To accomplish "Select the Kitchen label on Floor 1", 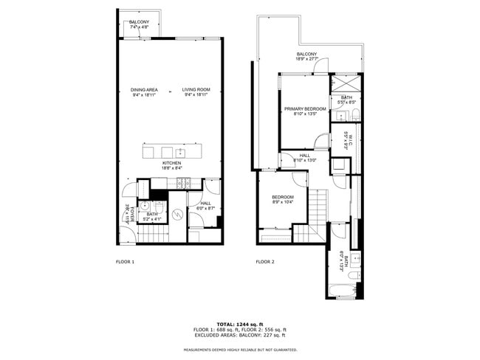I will pyautogui.click(x=172, y=165).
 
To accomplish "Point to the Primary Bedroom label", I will pyautogui.click(x=305, y=111).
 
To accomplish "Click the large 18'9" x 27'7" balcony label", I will pyautogui.click(x=307, y=56).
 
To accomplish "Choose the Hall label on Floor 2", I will pyautogui.click(x=304, y=157).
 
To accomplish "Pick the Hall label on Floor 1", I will pyautogui.click(x=205, y=206).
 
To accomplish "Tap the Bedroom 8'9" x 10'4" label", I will pyautogui.click(x=283, y=199).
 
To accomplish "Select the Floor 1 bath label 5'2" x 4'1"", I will pyautogui.click(x=151, y=216).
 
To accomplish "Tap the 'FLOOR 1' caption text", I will pyautogui.click(x=126, y=262).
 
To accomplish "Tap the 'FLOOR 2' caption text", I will pyautogui.click(x=264, y=262).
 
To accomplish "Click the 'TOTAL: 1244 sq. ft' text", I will pyautogui.click(x=240, y=324).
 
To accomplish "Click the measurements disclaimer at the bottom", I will pyautogui.click(x=240, y=350).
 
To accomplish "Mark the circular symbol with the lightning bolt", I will pyautogui.click(x=178, y=215).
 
